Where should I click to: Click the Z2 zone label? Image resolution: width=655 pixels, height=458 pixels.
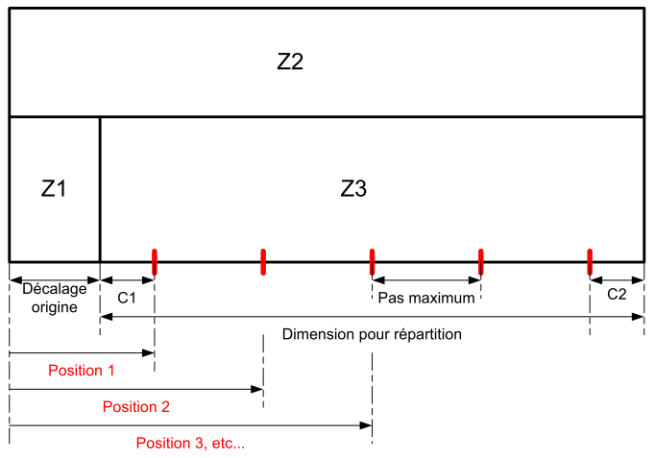290,61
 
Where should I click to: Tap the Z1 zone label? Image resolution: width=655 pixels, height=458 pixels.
54,189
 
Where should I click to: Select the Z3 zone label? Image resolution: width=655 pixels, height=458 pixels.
353,189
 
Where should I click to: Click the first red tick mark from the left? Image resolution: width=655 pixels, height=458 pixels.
154,260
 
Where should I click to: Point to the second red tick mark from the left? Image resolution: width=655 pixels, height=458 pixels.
263,260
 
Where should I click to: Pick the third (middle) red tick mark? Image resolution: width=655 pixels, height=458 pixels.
372,260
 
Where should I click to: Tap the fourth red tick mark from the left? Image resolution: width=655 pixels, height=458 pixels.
480,260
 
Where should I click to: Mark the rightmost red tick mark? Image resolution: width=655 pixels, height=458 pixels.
590,260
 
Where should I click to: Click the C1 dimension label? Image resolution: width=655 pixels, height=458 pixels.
127,298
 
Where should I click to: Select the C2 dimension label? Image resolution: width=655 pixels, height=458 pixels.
617,295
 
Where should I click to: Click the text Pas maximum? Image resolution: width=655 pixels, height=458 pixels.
426,298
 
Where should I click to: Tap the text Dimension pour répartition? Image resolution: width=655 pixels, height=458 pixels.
373,335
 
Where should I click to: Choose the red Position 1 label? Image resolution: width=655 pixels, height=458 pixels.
82,370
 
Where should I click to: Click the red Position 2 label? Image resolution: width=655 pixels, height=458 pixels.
135,406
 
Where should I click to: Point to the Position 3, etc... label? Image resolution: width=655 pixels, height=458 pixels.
190,443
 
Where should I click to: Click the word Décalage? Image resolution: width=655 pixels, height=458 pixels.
54,288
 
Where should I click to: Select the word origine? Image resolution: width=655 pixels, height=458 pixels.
54,306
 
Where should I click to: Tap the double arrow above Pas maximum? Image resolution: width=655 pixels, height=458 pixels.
426,280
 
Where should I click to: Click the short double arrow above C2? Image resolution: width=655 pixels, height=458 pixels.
617,280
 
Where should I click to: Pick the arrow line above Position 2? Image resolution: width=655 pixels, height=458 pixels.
135,389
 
